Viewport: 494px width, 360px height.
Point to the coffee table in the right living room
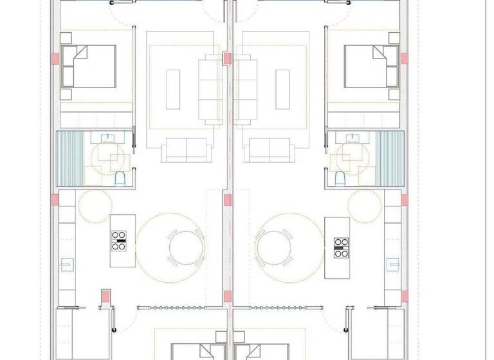282,89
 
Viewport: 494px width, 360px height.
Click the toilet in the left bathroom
118,177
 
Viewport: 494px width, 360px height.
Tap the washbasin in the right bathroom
352,137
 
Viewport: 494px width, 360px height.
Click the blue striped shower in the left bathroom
70,158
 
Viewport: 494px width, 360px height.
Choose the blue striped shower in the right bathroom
388,158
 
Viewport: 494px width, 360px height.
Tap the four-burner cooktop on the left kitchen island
118,240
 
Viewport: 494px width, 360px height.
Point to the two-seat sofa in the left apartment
185,150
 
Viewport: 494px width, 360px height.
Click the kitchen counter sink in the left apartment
65,262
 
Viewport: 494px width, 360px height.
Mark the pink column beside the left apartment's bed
56,58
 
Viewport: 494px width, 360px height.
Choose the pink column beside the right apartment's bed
404,58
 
